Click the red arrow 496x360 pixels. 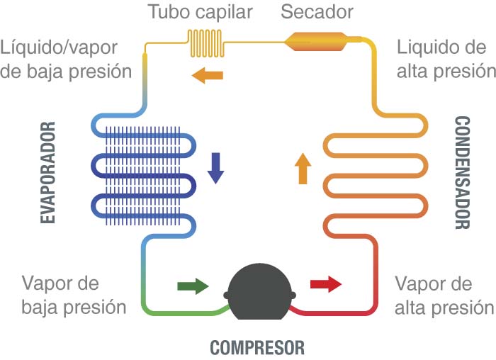pos(326,286)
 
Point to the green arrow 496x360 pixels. pos(193,286)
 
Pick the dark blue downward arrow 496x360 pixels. pos(215,168)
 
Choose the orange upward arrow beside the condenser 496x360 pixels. pos(303,169)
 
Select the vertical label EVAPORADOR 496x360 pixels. pos(49,174)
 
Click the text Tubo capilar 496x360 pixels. pos(190,12)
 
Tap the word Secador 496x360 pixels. pos(317,12)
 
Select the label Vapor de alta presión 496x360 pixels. pos(444,296)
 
